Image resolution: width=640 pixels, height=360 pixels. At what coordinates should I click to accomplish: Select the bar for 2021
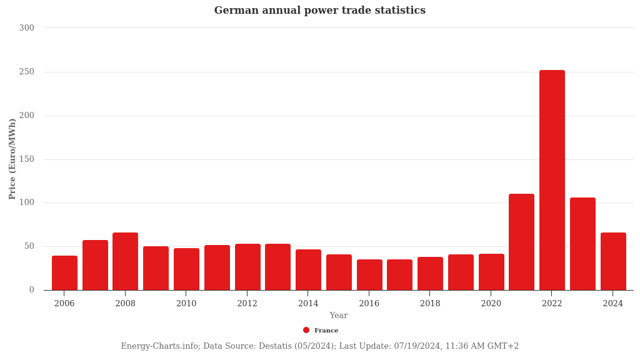(521, 242)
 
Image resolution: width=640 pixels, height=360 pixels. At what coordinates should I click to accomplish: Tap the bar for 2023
(582, 244)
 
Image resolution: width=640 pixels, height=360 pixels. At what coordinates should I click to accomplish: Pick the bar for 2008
(125, 261)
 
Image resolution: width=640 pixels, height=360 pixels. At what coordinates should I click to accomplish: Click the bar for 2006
(64, 272)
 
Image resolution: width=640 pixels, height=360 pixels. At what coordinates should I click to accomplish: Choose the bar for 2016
(369, 274)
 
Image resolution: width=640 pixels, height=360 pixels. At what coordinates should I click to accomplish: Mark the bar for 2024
(613, 261)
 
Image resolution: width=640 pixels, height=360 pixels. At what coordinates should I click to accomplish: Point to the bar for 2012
(247, 267)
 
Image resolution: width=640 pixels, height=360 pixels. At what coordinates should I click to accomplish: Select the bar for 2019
(461, 272)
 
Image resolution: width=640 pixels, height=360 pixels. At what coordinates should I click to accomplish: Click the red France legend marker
(306, 330)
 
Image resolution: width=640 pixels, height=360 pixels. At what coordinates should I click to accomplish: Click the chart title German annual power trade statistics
(319, 11)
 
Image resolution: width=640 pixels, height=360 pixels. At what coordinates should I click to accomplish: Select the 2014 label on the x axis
(308, 304)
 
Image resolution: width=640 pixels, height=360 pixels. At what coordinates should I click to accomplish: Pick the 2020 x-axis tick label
(491, 304)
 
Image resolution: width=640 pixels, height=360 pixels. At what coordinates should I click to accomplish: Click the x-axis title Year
(339, 316)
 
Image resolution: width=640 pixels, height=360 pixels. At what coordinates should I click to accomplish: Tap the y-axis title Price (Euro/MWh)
(12, 159)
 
